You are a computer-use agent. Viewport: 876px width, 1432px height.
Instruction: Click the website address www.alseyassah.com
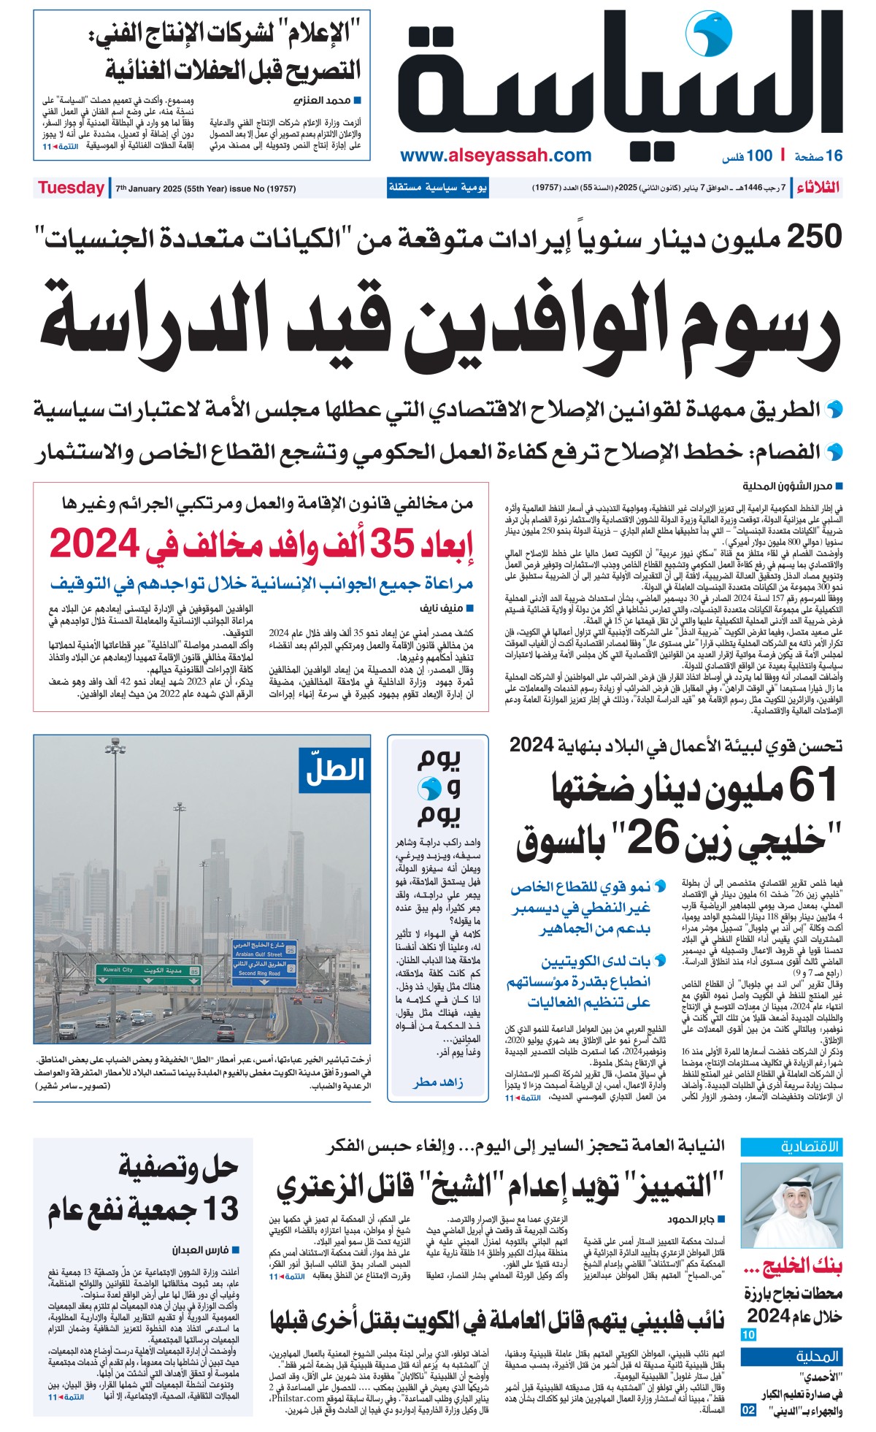click(496, 156)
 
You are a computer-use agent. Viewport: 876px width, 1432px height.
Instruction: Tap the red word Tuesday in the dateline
click(71, 188)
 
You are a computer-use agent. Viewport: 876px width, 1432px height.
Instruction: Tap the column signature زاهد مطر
click(437, 1083)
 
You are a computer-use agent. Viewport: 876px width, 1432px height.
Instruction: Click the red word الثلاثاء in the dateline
click(818, 188)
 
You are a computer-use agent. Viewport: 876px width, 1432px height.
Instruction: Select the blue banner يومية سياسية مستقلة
click(437, 188)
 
